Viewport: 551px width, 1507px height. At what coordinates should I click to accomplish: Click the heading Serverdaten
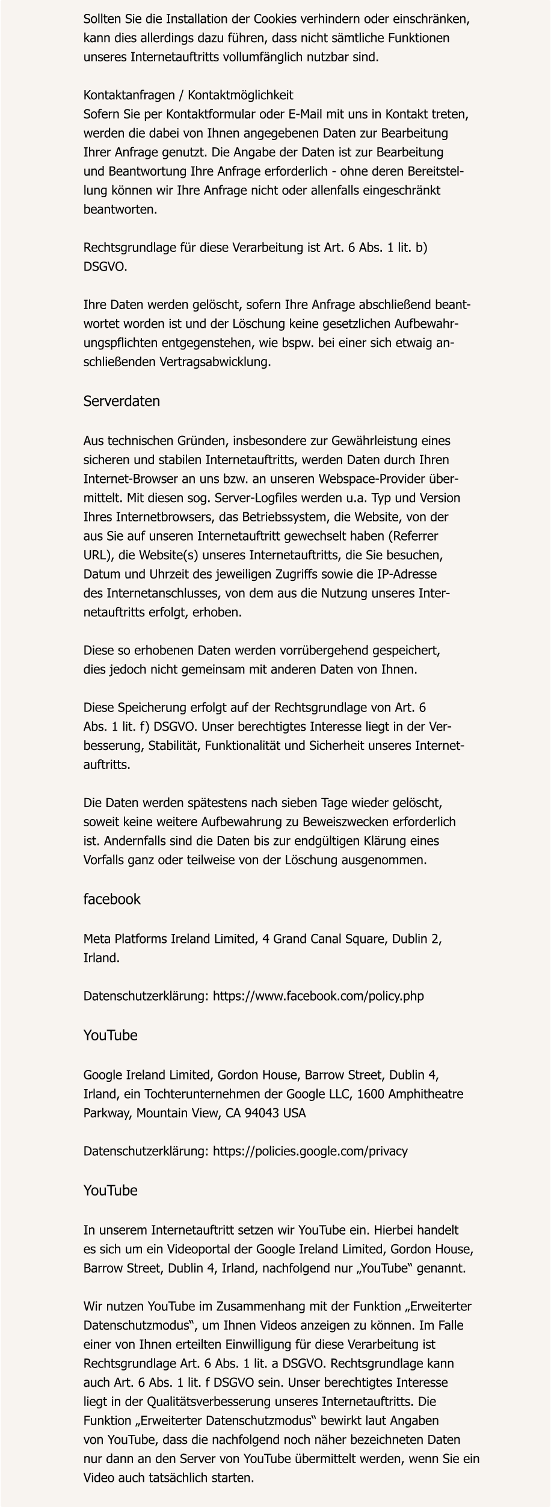pos(122,401)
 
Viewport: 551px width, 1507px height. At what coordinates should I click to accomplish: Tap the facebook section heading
pos(112,899)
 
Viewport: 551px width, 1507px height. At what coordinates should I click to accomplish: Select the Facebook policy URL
pos(318,996)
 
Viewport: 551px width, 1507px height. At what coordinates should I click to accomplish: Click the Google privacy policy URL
pos(310,1151)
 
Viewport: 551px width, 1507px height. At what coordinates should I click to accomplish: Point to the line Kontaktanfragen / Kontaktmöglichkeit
pos(188,95)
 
